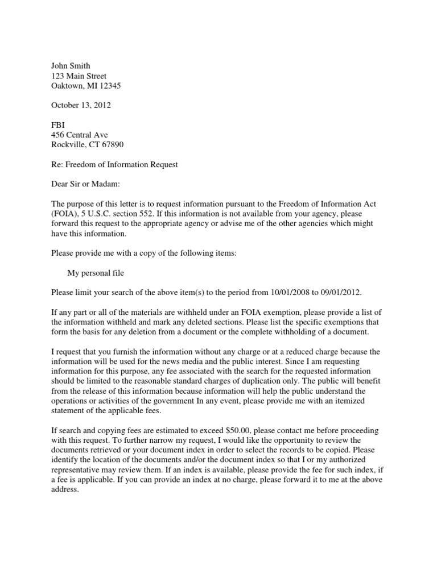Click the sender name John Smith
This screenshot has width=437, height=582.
pos(71,66)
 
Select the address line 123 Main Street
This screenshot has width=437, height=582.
pos(79,76)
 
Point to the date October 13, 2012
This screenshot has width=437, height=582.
pos(81,105)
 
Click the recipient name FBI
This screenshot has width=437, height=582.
pos(58,124)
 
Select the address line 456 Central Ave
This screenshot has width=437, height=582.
pos(79,135)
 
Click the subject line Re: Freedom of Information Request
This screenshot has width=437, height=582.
pos(114,164)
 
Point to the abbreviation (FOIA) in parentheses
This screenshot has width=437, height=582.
pos(65,214)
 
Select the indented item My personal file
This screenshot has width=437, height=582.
pos(96,273)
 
